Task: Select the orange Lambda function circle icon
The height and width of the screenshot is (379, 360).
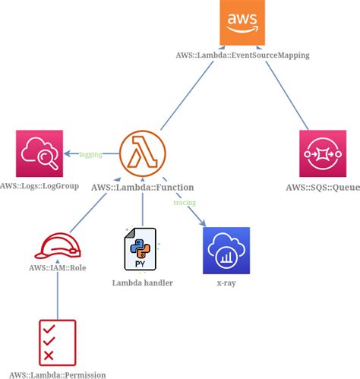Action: point(143,153)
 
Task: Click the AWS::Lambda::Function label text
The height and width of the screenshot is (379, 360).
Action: point(142,187)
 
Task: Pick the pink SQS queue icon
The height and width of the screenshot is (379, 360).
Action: point(323,153)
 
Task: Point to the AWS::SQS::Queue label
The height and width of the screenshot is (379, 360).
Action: point(323,187)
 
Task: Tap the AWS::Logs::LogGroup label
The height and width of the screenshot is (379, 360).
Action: point(39,186)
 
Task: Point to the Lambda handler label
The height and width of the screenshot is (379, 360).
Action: point(142,283)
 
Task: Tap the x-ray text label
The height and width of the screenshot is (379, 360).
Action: point(226,283)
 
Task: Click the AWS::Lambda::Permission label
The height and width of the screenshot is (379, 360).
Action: point(52,374)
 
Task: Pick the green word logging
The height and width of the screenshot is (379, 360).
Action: point(90,154)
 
